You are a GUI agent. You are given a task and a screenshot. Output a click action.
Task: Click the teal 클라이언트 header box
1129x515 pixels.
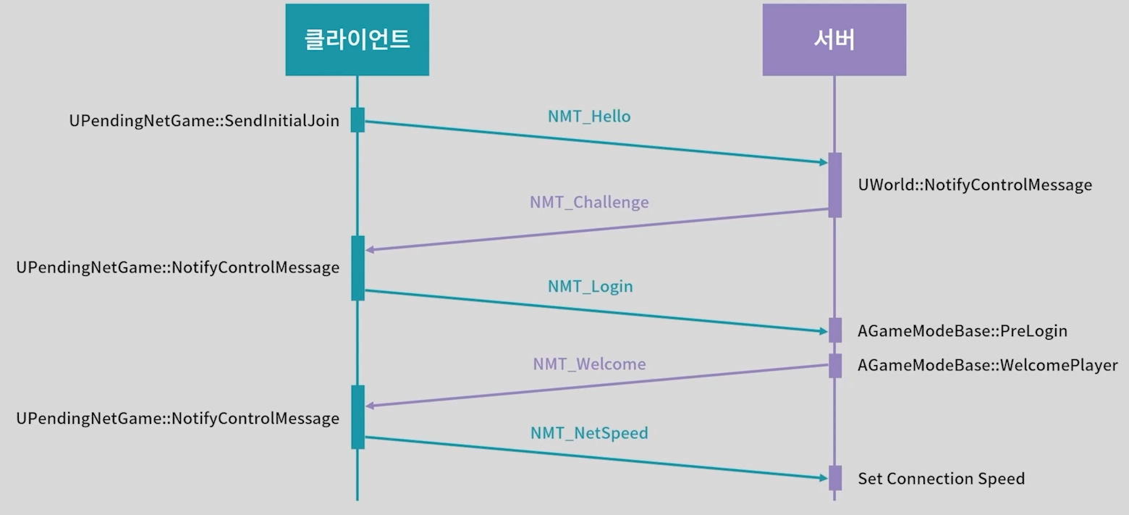point(357,39)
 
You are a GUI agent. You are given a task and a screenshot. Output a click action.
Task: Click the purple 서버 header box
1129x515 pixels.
point(834,39)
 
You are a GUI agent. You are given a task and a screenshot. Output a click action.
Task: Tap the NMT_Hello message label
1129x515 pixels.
point(589,117)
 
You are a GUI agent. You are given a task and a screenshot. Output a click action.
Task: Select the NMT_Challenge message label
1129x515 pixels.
point(589,202)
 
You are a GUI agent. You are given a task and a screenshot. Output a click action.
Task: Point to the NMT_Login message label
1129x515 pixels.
point(590,287)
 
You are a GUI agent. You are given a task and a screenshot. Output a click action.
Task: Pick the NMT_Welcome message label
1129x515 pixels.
point(589,364)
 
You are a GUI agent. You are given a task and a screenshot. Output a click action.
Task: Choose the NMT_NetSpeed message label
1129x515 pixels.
point(589,433)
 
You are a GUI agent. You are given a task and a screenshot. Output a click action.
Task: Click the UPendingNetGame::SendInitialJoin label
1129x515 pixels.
point(204,121)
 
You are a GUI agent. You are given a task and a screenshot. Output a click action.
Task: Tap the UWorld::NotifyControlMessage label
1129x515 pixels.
point(975,185)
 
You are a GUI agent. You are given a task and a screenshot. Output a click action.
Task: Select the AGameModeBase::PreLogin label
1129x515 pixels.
point(963,331)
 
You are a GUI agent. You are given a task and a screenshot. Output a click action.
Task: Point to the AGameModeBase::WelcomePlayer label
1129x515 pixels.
point(988,365)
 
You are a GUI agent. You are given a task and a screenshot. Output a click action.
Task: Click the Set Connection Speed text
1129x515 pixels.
point(941,479)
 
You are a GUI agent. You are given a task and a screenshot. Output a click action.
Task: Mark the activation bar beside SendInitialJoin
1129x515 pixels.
point(358,120)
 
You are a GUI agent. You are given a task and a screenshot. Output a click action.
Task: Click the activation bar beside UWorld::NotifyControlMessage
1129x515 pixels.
point(834,185)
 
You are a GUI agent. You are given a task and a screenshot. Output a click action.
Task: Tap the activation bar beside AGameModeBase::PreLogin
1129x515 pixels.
point(834,330)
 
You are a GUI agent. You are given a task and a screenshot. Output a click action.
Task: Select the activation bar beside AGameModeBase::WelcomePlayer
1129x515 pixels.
point(834,366)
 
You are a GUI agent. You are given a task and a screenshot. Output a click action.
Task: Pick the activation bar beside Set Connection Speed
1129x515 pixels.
point(834,478)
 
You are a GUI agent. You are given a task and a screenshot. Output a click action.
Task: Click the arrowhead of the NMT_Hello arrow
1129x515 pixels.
point(822,163)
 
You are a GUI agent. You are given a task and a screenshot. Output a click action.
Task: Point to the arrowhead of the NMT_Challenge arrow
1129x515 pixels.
point(370,250)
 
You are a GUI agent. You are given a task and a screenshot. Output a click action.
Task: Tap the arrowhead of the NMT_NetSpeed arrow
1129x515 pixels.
point(822,478)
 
